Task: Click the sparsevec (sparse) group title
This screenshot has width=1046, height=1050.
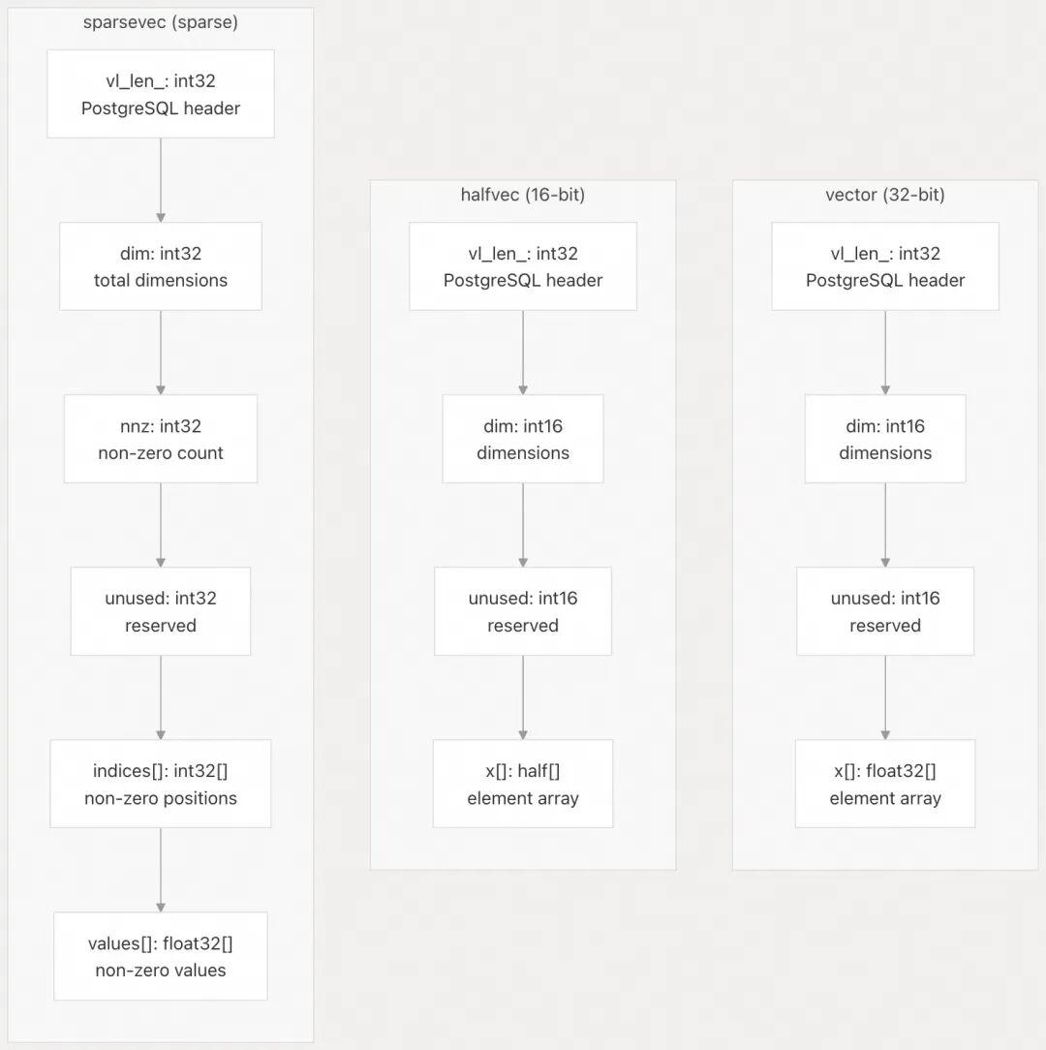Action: point(161,22)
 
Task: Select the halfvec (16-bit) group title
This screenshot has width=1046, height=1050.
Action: point(523,195)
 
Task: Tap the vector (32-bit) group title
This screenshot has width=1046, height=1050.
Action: point(885,195)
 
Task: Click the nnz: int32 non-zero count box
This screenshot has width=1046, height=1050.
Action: point(161,439)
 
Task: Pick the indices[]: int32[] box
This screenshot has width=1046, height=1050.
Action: point(161,784)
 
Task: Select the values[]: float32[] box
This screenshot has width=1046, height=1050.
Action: point(161,956)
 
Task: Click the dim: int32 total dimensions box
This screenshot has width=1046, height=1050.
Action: point(161,266)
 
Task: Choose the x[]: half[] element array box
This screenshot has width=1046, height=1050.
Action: point(523,784)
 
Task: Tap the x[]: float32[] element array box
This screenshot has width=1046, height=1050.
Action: point(885,784)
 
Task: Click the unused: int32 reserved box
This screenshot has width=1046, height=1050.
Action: point(161,611)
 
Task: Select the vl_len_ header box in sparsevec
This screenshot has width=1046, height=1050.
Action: point(161,94)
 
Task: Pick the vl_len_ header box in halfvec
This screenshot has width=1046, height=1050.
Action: point(523,266)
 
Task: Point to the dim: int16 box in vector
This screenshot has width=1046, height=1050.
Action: point(885,439)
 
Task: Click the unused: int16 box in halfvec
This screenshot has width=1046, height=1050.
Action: point(523,611)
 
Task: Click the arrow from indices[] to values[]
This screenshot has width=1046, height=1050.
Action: point(161,870)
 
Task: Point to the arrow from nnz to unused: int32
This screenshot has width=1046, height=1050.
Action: point(161,525)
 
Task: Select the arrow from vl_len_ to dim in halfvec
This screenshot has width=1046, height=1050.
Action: point(523,353)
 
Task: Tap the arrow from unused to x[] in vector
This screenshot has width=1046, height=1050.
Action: point(885,697)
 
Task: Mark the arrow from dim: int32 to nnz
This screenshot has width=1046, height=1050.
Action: point(161,353)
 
